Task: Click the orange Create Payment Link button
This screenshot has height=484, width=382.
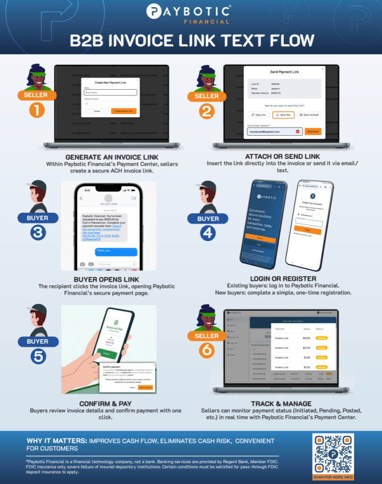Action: click(x=124, y=111)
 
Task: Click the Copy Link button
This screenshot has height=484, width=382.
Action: click(x=259, y=115)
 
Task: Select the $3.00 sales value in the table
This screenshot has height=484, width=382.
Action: click(x=306, y=338)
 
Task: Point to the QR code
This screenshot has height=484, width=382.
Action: click(x=332, y=453)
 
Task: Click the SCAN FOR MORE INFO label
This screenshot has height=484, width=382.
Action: click(x=332, y=477)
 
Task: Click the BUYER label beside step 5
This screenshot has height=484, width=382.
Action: click(x=37, y=341)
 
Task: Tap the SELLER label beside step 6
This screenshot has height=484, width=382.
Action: click(x=207, y=336)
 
